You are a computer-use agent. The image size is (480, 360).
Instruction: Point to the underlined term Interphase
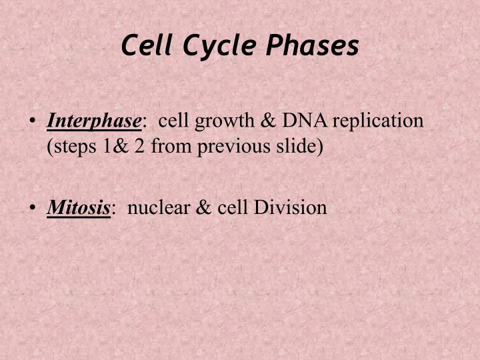pos(94,121)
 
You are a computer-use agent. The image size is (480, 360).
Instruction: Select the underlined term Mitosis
pos(78,207)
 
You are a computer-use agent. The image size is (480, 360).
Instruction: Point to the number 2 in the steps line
pos(139,145)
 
